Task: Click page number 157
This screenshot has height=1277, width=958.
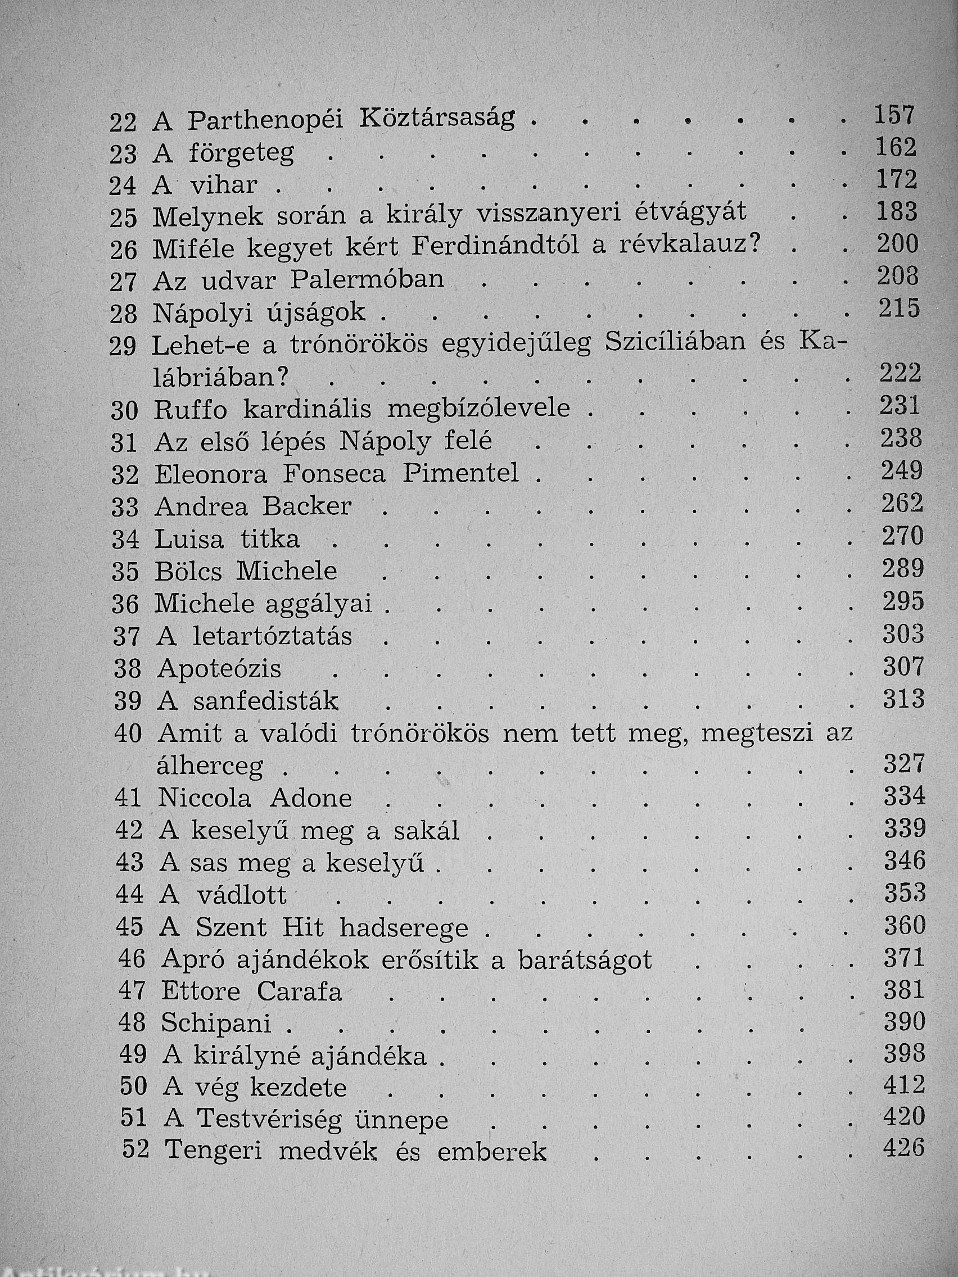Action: (x=894, y=116)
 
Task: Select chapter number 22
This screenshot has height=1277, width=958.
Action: (x=123, y=123)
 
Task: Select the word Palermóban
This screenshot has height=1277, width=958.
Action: (x=367, y=280)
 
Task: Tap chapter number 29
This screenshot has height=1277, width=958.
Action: (x=123, y=346)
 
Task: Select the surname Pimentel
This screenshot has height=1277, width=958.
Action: (x=461, y=474)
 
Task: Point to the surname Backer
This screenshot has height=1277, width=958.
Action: (x=306, y=506)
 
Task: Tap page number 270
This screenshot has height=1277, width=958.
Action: (x=902, y=536)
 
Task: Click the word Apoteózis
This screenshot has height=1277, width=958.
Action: (x=219, y=669)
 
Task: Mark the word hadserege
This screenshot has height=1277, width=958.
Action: (x=404, y=928)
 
